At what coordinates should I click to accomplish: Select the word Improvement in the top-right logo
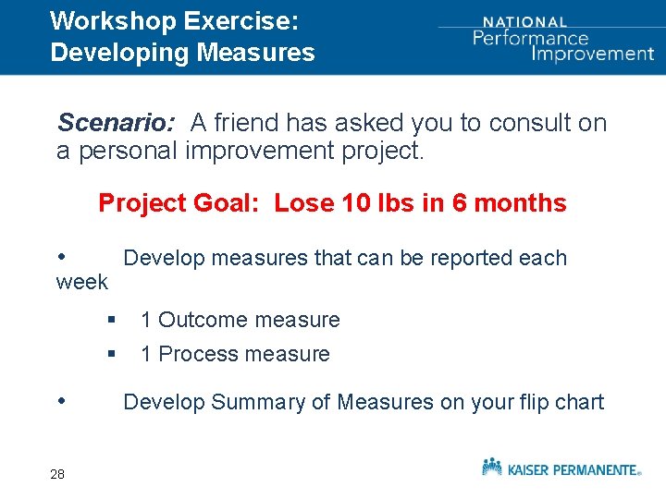(x=593, y=54)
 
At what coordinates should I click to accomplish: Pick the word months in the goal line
(x=521, y=203)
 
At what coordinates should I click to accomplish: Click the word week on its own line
(x=82, y=282)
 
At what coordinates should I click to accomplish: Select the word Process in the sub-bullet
(x=198, y=355)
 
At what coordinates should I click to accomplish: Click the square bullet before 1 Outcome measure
(x=110, y=320)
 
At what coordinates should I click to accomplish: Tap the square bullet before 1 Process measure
(x=110, y=354)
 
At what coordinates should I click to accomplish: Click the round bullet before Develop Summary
(x=62, y=401)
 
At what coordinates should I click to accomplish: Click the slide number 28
(x=57, y=474)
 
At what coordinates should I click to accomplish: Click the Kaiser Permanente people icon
(x=492, y=467)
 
